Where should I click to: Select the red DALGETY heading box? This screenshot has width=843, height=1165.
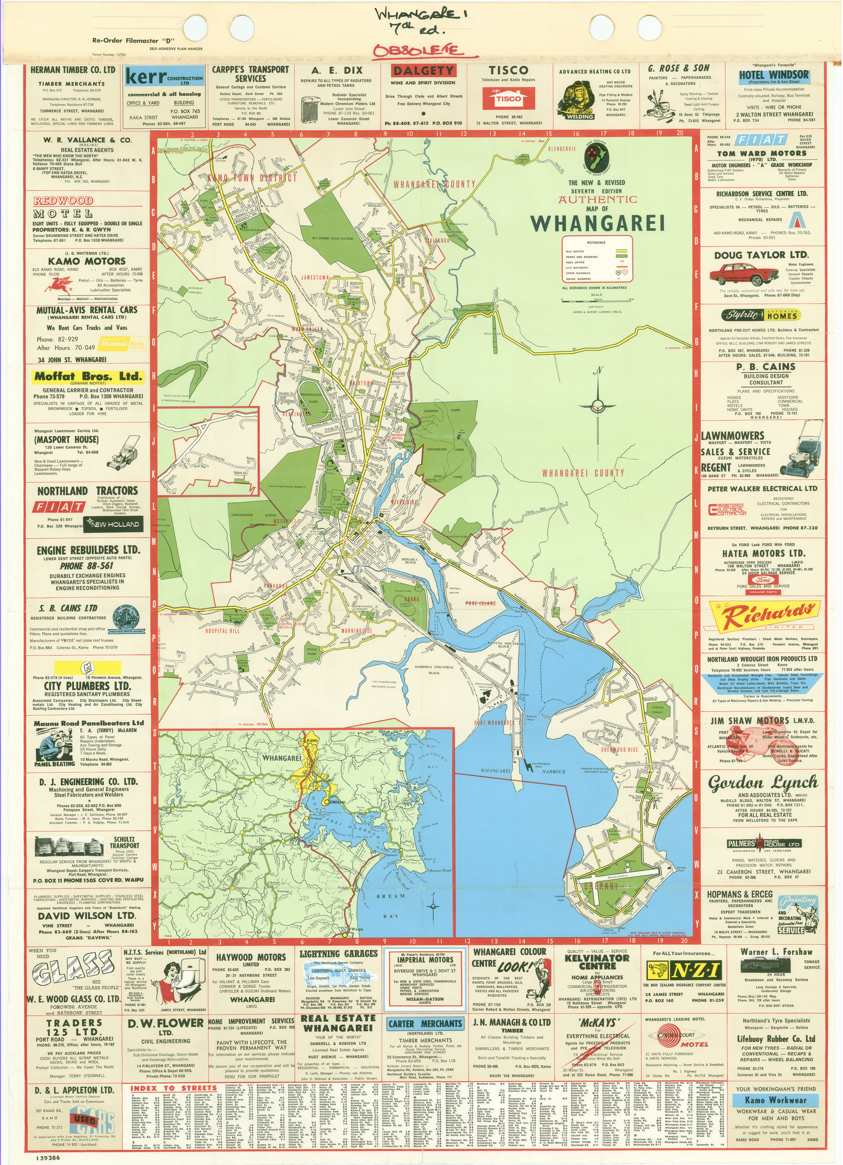pos(423,71)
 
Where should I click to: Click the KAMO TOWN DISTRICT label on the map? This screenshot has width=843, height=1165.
pos(252,178)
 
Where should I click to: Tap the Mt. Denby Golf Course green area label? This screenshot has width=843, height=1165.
pos(332,239)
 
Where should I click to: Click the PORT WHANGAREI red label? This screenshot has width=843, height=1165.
pos(494,723)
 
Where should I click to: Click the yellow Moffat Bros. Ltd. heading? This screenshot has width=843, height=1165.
pos(88,376)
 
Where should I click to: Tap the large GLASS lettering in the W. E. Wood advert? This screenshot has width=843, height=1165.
pos(71,969)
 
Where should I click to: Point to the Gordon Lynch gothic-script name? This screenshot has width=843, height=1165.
pos(762,783)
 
